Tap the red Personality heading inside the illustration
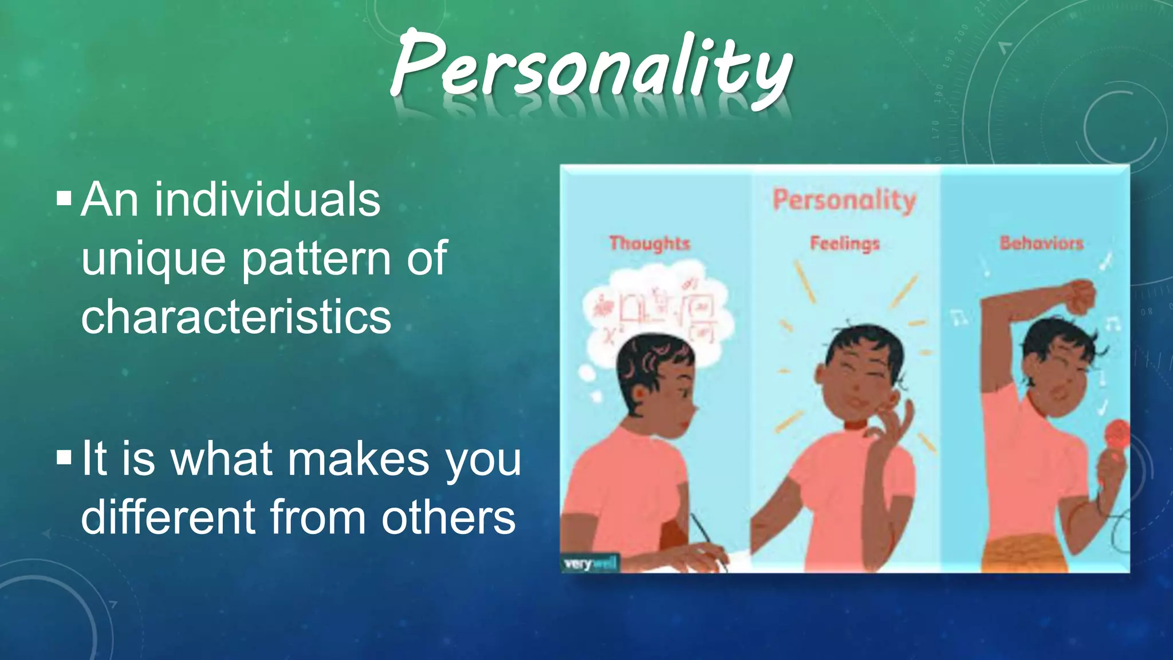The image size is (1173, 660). [x=844, y=201]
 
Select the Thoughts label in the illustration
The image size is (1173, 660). [x=650, y=243]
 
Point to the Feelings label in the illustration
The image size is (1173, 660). [x=845, y=243]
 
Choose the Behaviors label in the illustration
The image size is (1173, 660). [x=1041, y=243]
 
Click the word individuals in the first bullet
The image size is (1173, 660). [x=267, y=199]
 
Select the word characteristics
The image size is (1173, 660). [x=236, y=316]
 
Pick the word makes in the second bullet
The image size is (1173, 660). [x=358, y=459]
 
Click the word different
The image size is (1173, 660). [x=168, y=517]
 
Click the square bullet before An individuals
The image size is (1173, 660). [x=64, y=199]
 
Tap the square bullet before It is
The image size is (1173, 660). [x=64, y=457]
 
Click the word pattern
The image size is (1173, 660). [x=317, y=259]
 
